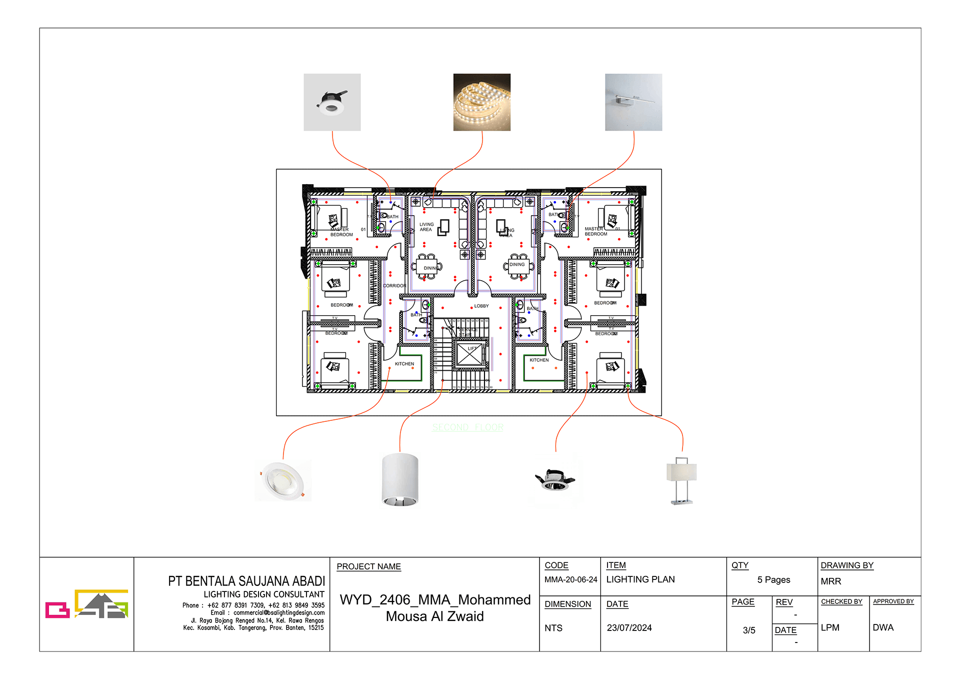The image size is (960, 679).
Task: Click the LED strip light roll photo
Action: point(481,102)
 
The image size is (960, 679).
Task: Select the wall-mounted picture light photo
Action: point(633,102)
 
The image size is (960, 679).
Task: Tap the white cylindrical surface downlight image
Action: point(399,479)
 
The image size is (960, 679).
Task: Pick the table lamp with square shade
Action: point(681,479)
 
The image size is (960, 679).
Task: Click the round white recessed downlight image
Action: point(283,480)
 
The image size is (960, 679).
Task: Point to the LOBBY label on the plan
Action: point(481,306)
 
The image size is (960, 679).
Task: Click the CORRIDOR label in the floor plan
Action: point(394,286)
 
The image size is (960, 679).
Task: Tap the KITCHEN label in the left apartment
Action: point(404,364)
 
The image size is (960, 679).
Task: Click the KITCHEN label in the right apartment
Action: point(539,360)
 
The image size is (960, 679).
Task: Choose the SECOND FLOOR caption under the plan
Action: point(467,427)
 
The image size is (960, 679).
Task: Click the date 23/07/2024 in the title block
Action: point(629,627)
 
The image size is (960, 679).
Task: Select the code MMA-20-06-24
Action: point(570,579)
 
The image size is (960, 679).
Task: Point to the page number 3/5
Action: point(748,630)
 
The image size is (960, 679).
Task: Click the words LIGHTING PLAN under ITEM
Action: point(640,579)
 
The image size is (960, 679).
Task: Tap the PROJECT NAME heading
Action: point(368,566)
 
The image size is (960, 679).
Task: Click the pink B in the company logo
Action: point(57,610)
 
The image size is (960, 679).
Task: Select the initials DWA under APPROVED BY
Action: point(882,627)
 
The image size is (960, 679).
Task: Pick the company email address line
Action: point(267,612)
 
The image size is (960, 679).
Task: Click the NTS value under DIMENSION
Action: point(553,628)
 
